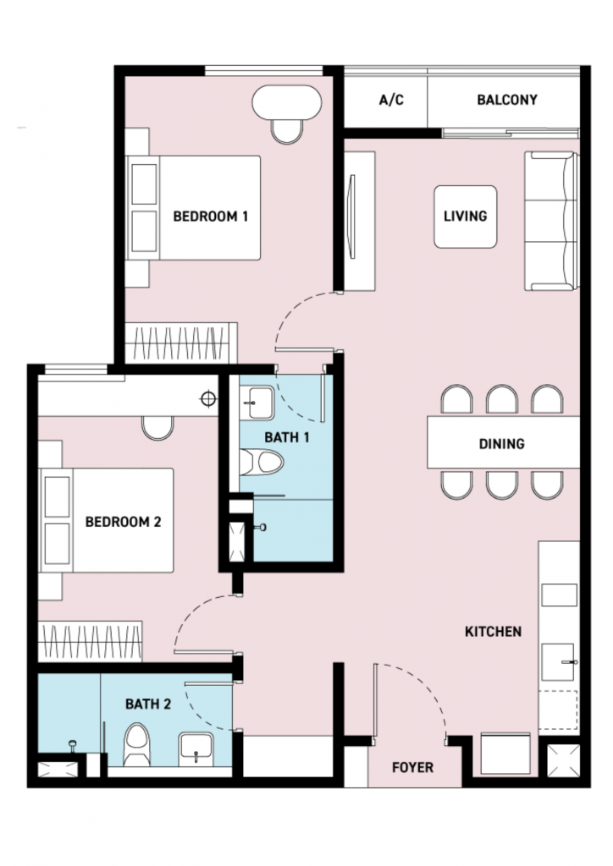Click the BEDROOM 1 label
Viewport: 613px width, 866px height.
point(211,216)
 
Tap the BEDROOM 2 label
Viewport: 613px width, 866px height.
point(124,521)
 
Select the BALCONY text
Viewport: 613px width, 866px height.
point(507,100)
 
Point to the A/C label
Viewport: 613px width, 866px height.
point(391,100)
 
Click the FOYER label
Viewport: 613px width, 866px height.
point(412,767)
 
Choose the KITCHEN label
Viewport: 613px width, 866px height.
point(493,631)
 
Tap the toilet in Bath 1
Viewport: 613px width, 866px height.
point(262,463)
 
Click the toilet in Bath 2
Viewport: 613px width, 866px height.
point(136,744)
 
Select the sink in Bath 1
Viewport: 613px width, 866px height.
point(257,403)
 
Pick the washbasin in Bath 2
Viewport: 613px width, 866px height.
point(196,749)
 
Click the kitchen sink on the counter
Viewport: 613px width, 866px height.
point(558,661)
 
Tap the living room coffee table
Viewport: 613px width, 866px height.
point(466,216)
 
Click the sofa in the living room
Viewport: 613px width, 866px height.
point(551,221)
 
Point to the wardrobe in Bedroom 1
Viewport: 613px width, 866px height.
point(181,343)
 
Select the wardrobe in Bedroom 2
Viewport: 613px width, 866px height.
point(90,641)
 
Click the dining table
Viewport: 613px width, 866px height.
point(503,443)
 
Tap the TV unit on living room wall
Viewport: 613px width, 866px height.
point(359,222)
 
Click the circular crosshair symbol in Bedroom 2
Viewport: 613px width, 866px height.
point(208,398)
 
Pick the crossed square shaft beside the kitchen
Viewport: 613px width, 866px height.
point(563,760)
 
